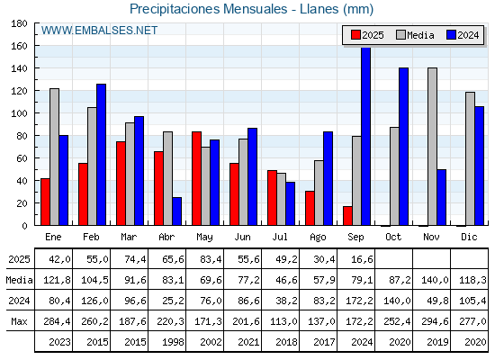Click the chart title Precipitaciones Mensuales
pyautogui.click(x=209, y=9)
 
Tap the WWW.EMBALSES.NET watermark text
pyautogui.click(x=99, y=31)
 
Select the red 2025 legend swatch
pyautogui.click(x=355, y=35)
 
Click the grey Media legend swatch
pyautogui.click(x=401, y=35)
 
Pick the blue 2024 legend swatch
pyautogui.click(x=451, y=35)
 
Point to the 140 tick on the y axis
pyautogui.click(x=19, y=68)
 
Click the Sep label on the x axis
pyautogui.click(x=355, y=238)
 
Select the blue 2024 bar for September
pyautogui.click(x=366, y=137)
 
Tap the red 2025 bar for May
pyautogui.click(x=197, y=179)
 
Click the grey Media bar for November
pyautogui.click(x=432, y=147)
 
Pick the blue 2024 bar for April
pyautogui.click(x=176, y=211)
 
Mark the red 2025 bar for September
pyautogui.click(x=347, y=216)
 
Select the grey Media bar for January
pyautogui.click(x=54, y=157)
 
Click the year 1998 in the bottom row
pyautogui.click(x=173, y=342)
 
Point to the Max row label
pyautogui.click(x=19, y=321)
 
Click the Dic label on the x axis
pyautogui.click(x=469, y=238)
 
